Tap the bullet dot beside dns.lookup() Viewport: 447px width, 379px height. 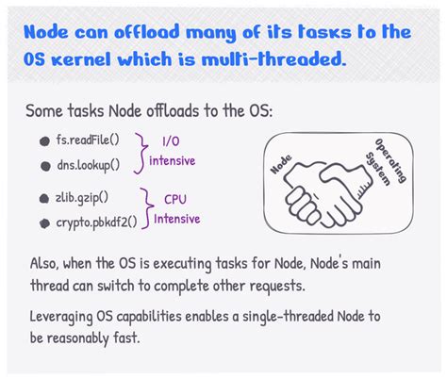click(x=44, y=165)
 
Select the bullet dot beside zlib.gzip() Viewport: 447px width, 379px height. click(x=44, y=199)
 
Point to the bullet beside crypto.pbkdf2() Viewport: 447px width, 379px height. click(x=44, y=222)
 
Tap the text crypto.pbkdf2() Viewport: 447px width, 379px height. click(x=97, y=222)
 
